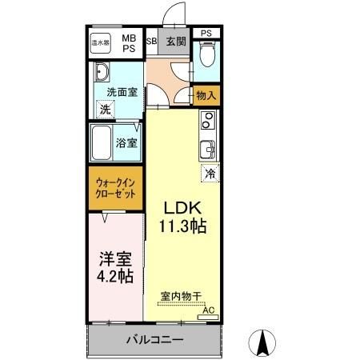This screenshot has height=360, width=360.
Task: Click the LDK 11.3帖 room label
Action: coord(185,217)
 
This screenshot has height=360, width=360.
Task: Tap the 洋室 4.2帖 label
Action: coord(116,269)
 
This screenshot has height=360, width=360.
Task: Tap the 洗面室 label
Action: coord(122,91)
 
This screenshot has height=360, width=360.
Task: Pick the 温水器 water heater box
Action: coord(100,42)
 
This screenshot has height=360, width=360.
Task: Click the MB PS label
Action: coord(129,42)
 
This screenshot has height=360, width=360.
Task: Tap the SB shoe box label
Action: coord(151,41)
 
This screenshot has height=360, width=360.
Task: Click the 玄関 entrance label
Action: coord(175,41)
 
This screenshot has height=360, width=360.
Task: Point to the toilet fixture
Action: coord(206,55)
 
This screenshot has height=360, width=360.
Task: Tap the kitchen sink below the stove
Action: coord(207,150)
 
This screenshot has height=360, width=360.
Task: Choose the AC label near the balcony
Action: coord(208,310)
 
